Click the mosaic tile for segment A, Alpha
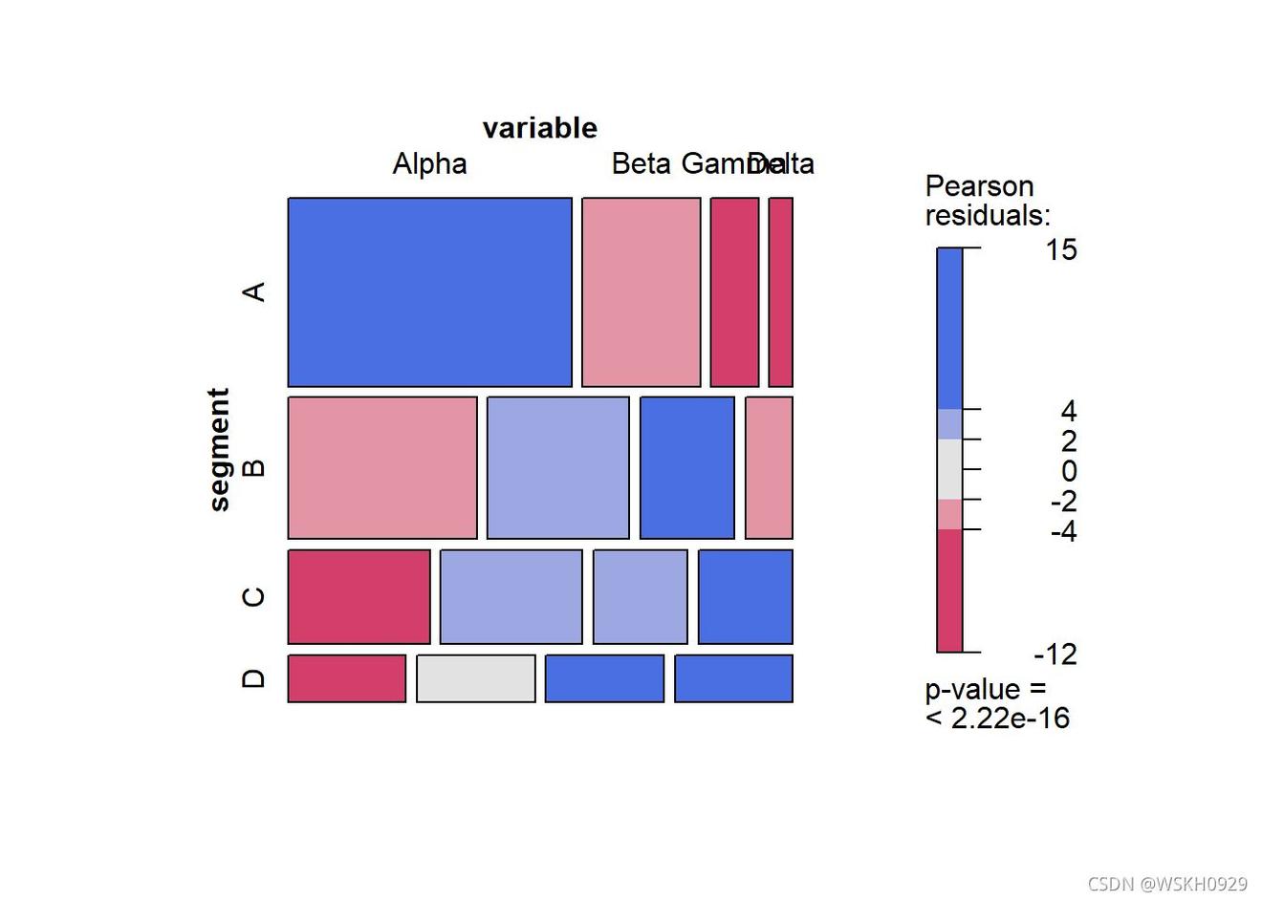click(429, 292)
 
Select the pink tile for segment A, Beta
click(641, 292)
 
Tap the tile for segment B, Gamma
click(686, 468)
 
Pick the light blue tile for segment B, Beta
click(557, 468)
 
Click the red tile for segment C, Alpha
click(359, 597)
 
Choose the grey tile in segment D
click(475, 678)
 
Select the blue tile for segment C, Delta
click(745, 597)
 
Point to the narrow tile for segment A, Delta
click(780, 292)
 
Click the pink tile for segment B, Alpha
click(381, 468)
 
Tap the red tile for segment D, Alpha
click(346, 678)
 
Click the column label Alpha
click(429, 164)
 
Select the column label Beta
click(641, 164)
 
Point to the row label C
click(253, 597)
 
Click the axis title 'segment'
click(220, 449)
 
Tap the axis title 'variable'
click(539, 128)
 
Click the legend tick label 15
click(1060, 250)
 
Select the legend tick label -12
click(1055, 654)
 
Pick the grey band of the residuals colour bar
click(949, 469)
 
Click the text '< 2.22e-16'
click(997, 719)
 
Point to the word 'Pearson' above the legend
click(979, 186)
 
